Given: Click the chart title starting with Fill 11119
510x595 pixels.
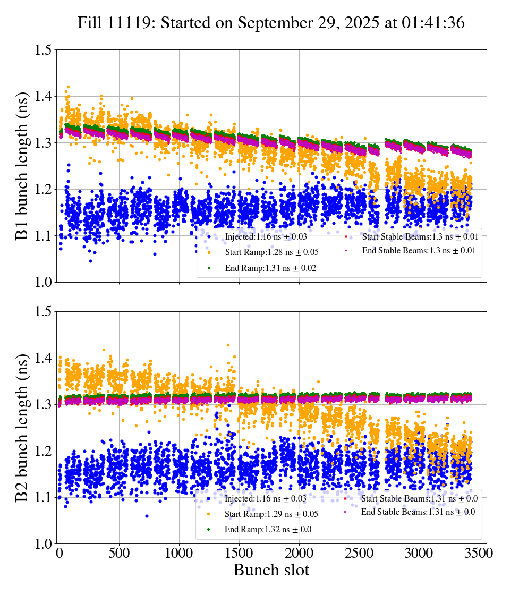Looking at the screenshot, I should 271,23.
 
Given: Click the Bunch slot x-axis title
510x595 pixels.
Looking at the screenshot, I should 271,571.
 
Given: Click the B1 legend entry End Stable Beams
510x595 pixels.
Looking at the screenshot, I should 418,250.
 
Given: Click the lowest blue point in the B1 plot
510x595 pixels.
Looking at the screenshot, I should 90,261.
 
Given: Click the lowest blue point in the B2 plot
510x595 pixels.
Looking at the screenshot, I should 147,516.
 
